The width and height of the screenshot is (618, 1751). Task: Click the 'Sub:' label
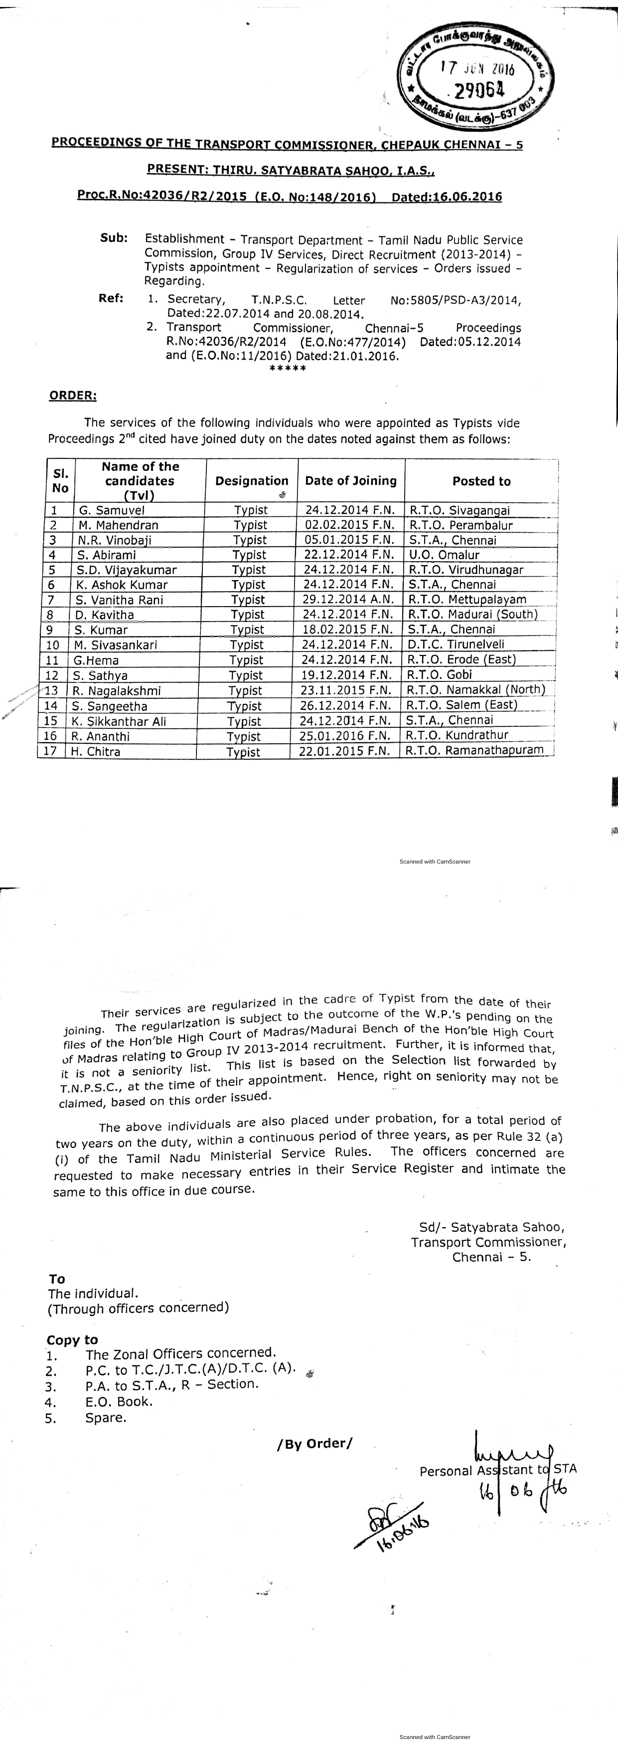point(114,238)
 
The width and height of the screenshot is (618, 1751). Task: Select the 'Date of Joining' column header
point(350,480)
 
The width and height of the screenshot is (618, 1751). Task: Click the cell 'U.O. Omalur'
point(444,555)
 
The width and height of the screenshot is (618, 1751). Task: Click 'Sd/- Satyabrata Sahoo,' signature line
point(492,1227)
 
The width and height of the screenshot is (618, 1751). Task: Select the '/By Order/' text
point(315,1444)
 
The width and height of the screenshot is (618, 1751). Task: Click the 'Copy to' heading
point(72,1340)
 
